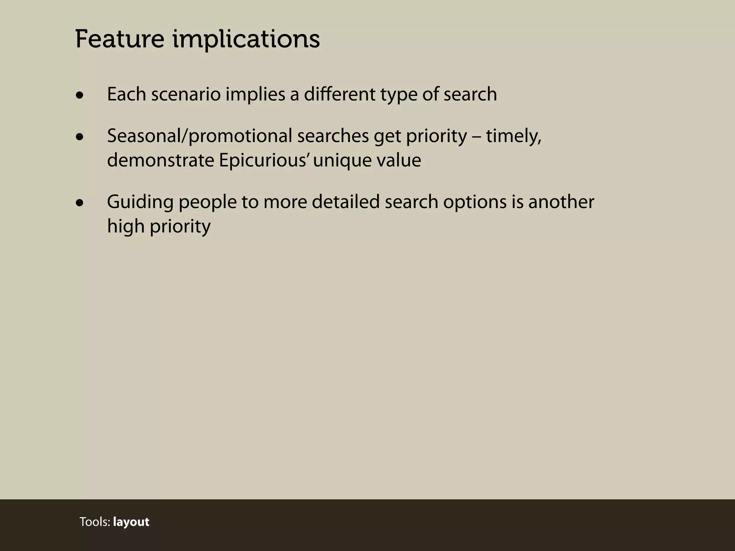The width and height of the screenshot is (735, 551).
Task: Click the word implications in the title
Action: click(x=246, y=39)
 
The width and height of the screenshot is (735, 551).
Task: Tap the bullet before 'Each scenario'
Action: click(x=80, y=96)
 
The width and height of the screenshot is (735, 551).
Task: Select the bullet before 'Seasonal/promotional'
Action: click(x=80, y=137)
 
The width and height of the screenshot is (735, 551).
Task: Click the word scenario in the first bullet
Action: click(x=186, y=95)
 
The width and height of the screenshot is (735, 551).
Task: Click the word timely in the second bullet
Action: click(x=514, y=136)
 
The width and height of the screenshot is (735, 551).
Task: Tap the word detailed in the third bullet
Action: click(x=346, y=202)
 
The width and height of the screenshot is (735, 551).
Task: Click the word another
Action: click(x=561, y=202)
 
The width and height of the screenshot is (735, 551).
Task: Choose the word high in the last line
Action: click(x=126, y=227)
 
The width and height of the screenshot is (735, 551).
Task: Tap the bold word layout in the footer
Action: click(x=131, y=522)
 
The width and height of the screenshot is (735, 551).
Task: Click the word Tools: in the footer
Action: click(x=95, y=522)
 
